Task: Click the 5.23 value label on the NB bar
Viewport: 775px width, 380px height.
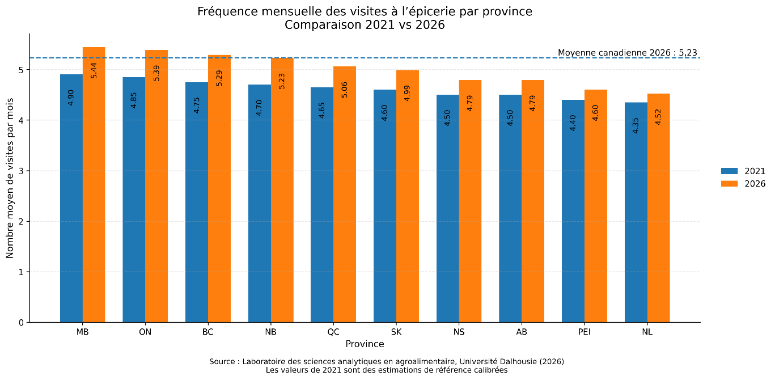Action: (x=282, y=81)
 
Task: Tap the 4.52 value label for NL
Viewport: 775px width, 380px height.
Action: (x=659, y=116)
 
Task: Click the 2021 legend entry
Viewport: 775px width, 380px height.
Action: (x=743, y=171)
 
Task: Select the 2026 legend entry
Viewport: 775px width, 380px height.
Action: (x=743, y=184)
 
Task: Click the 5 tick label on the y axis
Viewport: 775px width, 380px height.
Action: (x=22, y=70)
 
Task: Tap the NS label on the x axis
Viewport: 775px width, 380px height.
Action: (x=459, y=332)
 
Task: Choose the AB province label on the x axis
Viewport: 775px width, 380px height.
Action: (x=522, y=332)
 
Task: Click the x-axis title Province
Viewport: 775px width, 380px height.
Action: (x=365, y=344)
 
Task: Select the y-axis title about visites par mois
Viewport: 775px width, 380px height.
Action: (x=10, y=177)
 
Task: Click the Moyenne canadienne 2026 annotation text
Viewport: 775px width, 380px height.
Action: (x=627, y=53)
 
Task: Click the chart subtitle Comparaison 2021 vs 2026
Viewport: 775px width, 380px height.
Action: (x=365, y=25)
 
